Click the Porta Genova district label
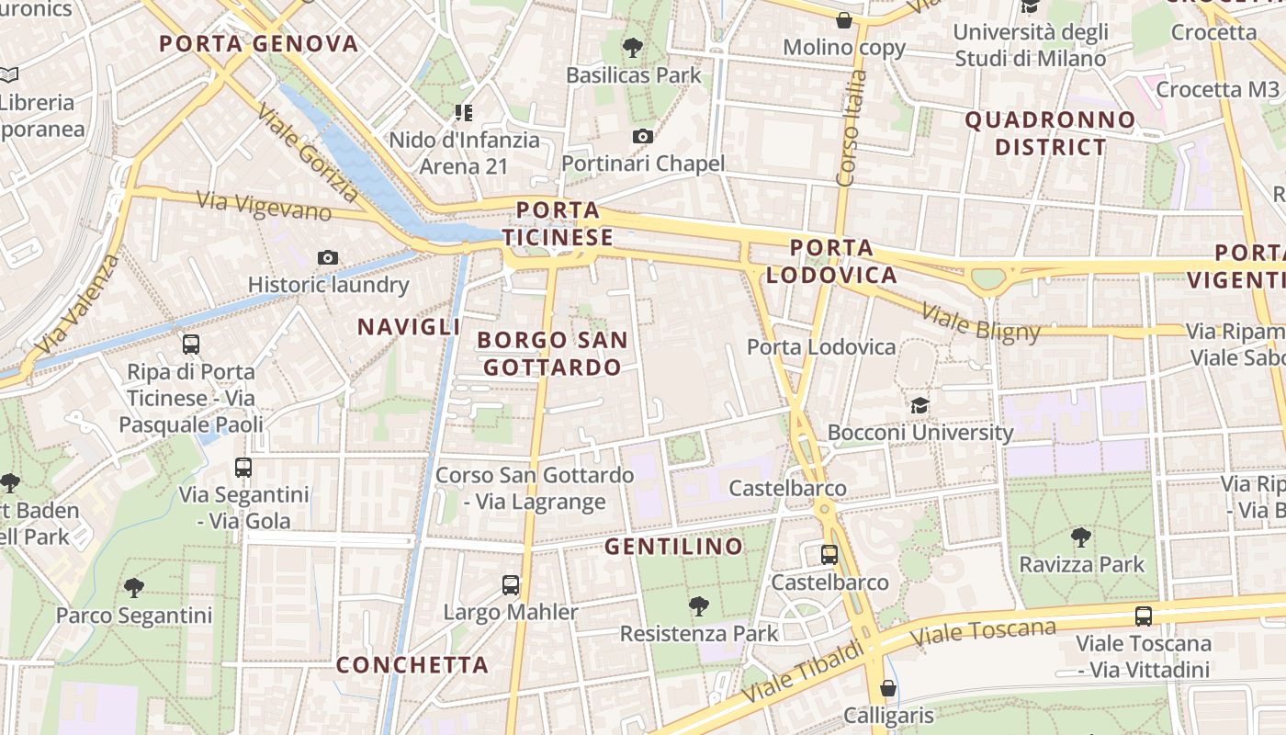[x=258, y=43]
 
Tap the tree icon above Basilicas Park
[x=632, y=48]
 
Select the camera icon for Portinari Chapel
[x=643, y=137]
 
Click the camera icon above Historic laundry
[x=328, y=257]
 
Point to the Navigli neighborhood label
[x=409, y=326]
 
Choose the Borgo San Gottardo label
[x=552, y=354]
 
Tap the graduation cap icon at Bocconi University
[x=919, y=405]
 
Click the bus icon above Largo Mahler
[x=511, y=584]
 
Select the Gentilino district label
[x=673, y=547]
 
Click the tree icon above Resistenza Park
[x=699, y=605]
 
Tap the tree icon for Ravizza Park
[x=1081, y=537]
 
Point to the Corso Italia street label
[x=852, y=129]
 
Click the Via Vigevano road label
[x=264, y=205]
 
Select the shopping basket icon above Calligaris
[x=887, y=688]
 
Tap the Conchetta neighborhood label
[x=412, y=664]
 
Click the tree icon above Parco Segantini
[x=134, y=587]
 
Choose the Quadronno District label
[x=1050, y=133]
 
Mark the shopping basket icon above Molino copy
[x=844, y=20]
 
